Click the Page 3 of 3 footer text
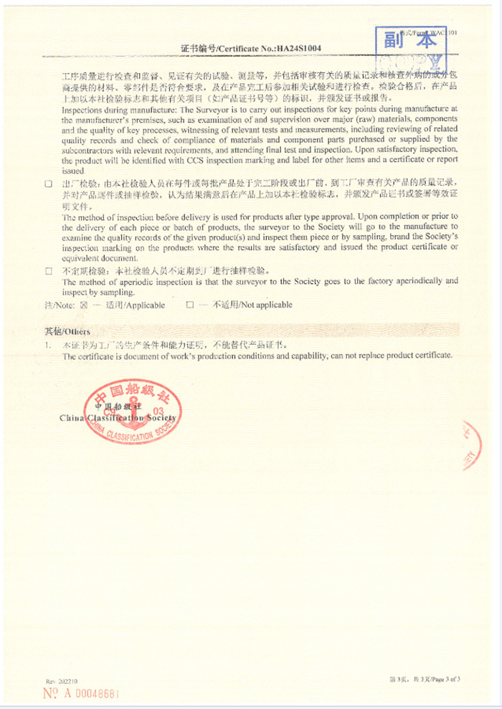tap(425, 679)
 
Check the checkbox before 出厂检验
tap(49, 184)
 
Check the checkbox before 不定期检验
tap(49, 272)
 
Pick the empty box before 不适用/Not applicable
tap(190, 305)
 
